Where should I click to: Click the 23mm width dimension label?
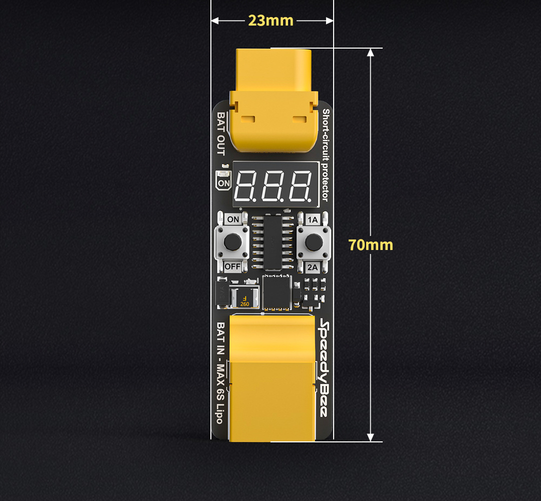click(270, 21)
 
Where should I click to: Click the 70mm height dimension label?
click(371, 245)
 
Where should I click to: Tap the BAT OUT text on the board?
click(221, 134)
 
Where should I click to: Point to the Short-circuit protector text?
click(326, 155)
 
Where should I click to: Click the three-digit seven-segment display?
click(276, 184)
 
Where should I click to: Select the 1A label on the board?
click(313, 220)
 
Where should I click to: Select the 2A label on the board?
click(312, 267)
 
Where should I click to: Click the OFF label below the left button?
click(232, 267)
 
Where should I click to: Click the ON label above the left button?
click(233, 219)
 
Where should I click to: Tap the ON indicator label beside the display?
click(223, 183)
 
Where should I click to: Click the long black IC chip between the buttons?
click(273, 242)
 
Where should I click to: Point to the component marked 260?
click(244, 298)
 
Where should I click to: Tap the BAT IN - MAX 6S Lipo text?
click(220, 373)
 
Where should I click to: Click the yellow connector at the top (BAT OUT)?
click(274, 101)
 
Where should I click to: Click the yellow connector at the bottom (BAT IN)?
click(272, 378)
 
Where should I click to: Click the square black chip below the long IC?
click(277, 292)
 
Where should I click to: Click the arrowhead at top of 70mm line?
click(371, 53)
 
